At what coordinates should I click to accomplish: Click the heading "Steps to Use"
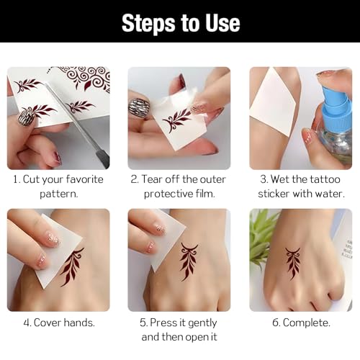pos(181,23)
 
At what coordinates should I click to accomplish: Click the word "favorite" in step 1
pos(84,179)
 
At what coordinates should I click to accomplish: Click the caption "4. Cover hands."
pos(59,323)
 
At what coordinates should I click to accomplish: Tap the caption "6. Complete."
pos(301,323)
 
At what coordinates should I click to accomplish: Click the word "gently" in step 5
pos(202,323)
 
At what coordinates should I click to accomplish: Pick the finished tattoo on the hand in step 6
pos(292,264)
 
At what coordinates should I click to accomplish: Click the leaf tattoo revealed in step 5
pos(188,261)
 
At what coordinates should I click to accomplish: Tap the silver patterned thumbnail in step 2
pos(139,108)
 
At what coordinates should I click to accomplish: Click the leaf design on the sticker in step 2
pos(176,120)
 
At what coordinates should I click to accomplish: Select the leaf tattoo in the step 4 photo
pos(72,267)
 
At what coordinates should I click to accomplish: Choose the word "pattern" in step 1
pos(59,194)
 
